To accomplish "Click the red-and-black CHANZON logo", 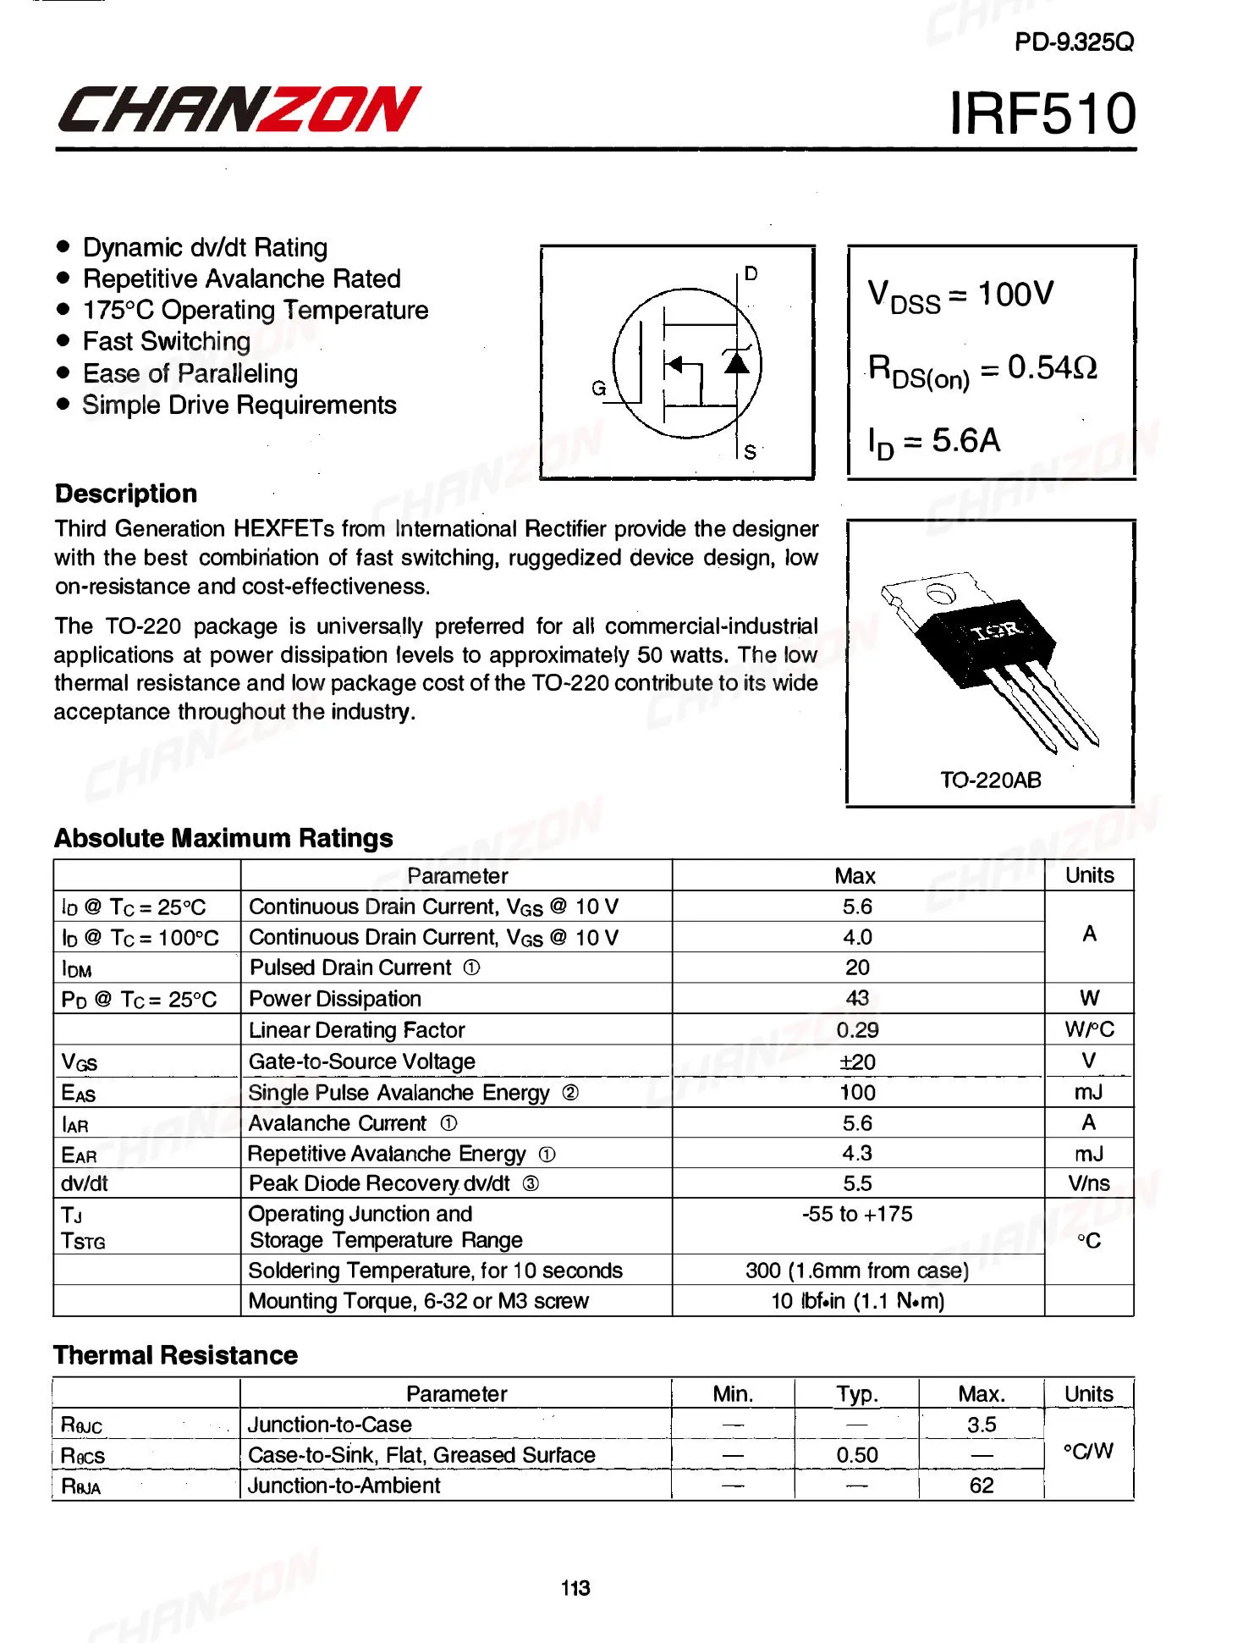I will click(x=239, y=110).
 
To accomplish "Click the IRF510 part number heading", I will click(x=1042, y=113).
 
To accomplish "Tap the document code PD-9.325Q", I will click(x=1074, y=42).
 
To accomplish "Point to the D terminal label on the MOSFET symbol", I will click(x=751, y=273).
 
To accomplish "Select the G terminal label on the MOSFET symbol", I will click(x=599, y=389).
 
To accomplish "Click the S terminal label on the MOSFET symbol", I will click(x=750, y=452).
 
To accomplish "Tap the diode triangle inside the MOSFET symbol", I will click(x=737, y=363).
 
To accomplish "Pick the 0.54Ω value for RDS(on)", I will click(x=1052, y=367).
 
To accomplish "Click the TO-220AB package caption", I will click(x=991, y=780).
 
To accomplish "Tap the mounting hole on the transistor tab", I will click(x=940, y=593).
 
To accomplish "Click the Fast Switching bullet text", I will click(x=167, y=342).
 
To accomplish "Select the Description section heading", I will click(x=126, y=493).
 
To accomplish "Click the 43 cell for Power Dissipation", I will click(x=857, y=999).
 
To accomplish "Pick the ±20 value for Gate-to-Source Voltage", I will click(x=857, y=1061).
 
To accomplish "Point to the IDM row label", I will click(x=77, y=969).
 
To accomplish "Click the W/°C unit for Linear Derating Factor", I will click(x=1089, y=1030).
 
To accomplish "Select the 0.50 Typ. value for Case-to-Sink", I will click(x=857, y=1455).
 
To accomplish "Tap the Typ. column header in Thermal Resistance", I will click(x=857, y=1394).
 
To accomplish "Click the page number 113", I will click(x=575, y=1588).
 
